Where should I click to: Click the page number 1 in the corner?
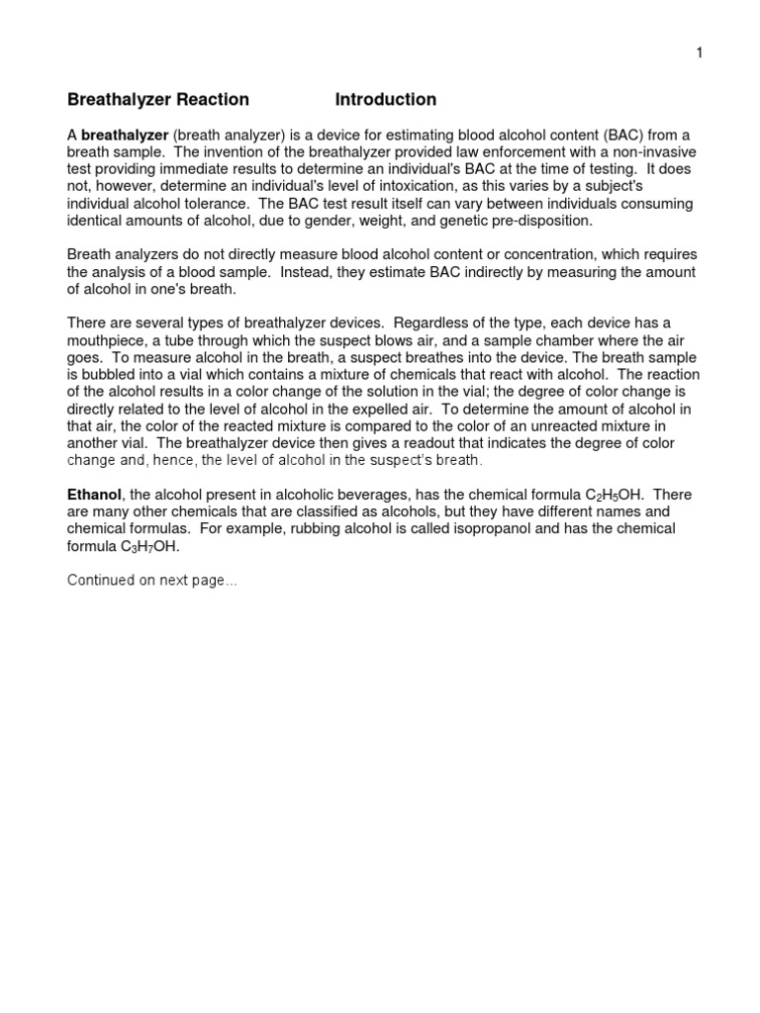[x=699, y=53]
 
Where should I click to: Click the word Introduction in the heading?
[x=385, y=100]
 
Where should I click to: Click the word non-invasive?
[x=657, y=153]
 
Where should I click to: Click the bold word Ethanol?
[x=94, y=495]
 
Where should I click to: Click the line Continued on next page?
[x=151, y=581]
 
